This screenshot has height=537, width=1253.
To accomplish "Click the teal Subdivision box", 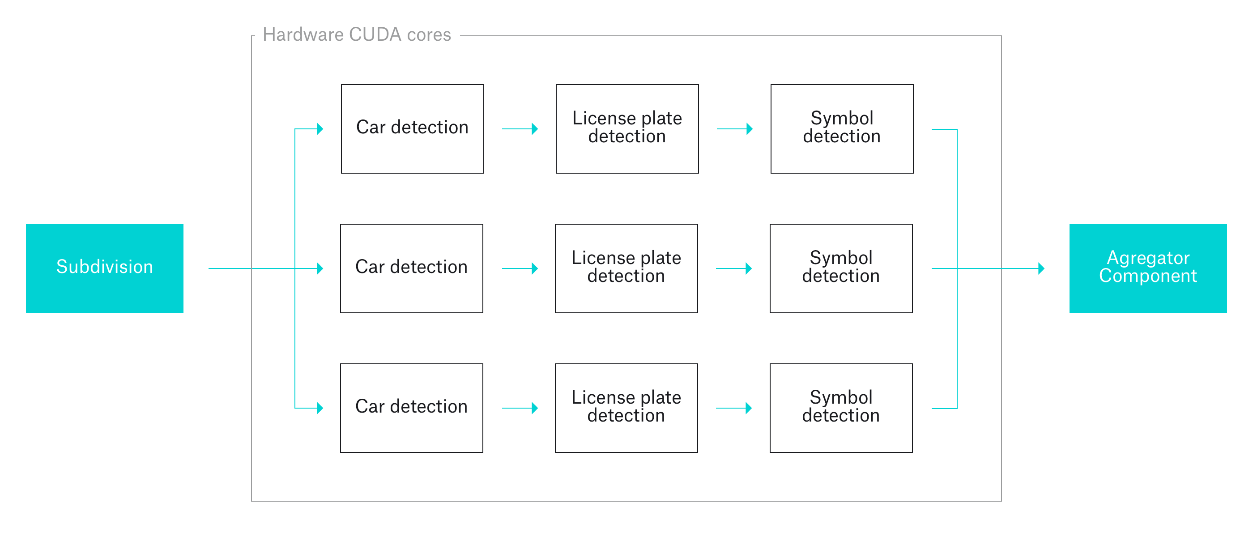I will (105, 268).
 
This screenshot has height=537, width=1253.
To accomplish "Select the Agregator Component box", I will (1147, 268).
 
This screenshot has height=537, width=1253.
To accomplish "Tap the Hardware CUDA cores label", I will (357, 35).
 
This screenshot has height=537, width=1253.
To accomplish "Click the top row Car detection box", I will (412, 128).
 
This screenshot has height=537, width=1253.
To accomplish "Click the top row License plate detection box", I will (626, 128).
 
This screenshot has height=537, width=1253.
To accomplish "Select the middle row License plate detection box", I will (626, 268).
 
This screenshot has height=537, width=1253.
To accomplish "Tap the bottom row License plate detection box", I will (626, 408).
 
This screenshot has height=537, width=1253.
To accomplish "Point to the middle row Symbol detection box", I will (840, 268).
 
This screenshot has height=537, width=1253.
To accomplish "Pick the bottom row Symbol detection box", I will (840, 408).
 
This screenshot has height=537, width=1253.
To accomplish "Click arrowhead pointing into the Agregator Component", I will (1041, 268).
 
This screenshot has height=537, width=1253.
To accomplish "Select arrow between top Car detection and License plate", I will (520, 129).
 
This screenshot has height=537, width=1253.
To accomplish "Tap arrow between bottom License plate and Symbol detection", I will (733, 408).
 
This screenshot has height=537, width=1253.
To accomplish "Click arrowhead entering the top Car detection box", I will (320, 129).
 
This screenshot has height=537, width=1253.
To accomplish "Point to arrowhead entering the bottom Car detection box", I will (320, 408).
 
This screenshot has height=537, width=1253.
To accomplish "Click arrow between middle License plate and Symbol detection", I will (733, 268).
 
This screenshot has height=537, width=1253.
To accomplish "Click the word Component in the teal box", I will (1147, 276).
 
